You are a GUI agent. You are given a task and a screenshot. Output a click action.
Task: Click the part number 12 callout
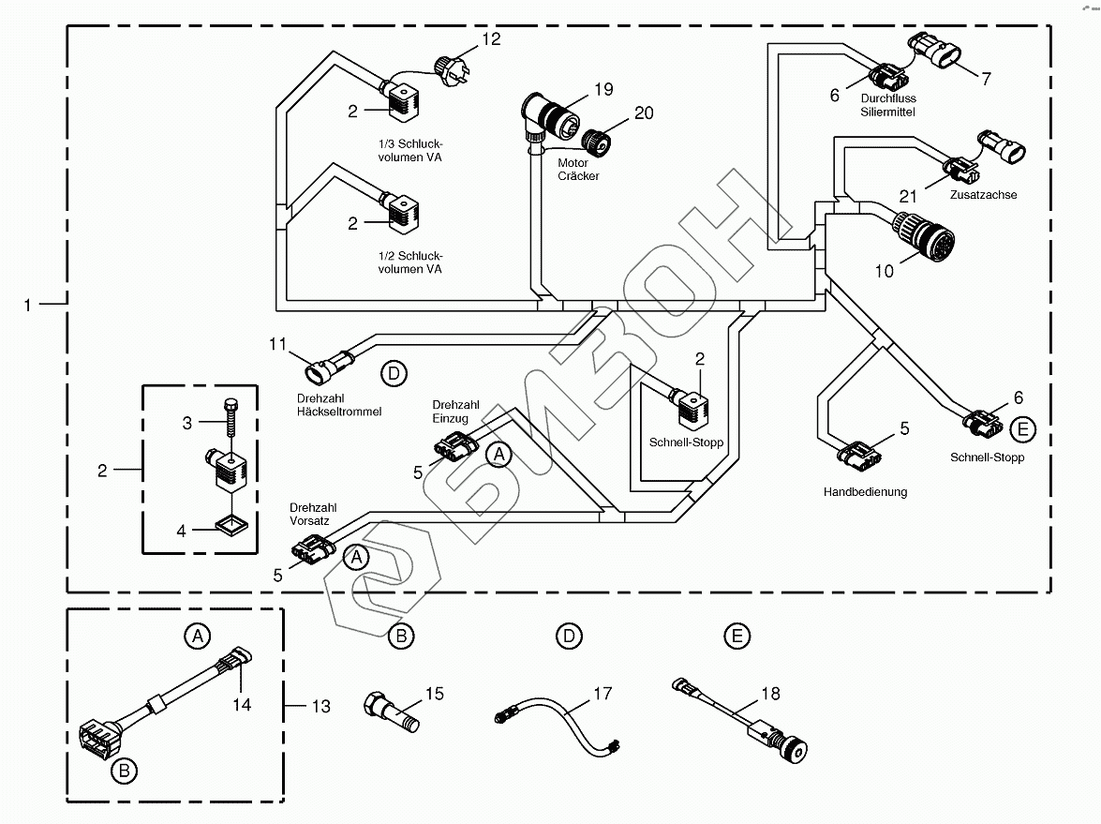(x=491, y=39)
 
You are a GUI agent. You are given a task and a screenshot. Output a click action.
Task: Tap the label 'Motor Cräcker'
(x=578, y=170)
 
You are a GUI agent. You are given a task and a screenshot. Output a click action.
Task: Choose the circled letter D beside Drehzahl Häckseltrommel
(x=394, y=374)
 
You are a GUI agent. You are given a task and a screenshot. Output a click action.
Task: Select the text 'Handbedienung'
(x=865, y=492)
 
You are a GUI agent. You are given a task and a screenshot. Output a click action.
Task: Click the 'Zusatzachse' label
(x=982, y=195)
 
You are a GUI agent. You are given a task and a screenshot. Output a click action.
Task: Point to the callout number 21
(x=907, y=197)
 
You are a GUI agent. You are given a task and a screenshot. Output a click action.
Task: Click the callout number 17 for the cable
(x=602, y=694)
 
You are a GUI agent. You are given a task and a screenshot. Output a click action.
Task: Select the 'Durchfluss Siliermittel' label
(x=886, y=105)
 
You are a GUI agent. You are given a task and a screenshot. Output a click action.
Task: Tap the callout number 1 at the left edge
(x=28, y=305)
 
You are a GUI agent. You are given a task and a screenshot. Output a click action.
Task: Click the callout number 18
(x=770, y=695)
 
